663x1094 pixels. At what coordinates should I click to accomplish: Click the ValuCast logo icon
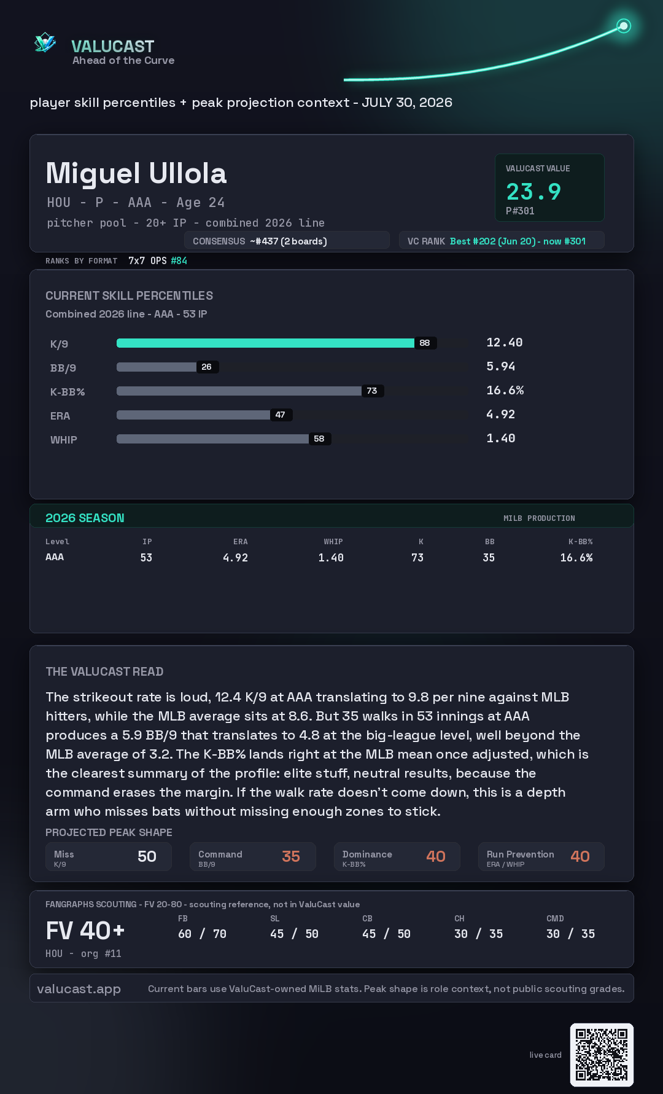(x=45, y=42)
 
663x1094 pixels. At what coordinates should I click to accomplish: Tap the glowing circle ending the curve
(x=624, y=26)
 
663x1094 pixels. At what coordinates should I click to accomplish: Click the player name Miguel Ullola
(x=136, y=173)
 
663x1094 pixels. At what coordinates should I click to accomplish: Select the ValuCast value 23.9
(x=533, y=192)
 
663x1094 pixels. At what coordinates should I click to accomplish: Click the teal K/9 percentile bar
(x=265, y=343)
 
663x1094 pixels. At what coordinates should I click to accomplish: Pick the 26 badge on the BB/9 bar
(x=207, y=367)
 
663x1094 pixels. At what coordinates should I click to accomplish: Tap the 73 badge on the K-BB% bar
(x=372, y=391)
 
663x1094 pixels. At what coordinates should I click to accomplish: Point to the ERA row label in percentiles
(x=60, y=416)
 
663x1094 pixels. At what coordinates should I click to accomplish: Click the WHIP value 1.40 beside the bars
(x=501, y=438)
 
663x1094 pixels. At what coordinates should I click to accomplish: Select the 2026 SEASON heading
(x=85, y=518)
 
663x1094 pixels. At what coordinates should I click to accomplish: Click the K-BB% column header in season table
(x=580, y=542)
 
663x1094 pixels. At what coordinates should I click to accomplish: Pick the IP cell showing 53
(x=146, y=558)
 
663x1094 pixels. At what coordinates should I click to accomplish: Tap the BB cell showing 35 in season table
(x=489, y=558)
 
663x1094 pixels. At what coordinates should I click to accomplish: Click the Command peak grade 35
(x=291, y=856)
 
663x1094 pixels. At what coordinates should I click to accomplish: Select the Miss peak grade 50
(x=147, y=856)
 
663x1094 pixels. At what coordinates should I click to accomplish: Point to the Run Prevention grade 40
(x=580, y=856)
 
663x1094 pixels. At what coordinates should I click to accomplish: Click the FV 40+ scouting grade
(x=85, y=931)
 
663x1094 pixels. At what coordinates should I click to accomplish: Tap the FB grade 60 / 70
(x=202, y=934)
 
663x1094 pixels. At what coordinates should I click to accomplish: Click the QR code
(x=602, y=1055)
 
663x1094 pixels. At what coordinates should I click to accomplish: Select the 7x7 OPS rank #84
(x=179, y=260)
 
